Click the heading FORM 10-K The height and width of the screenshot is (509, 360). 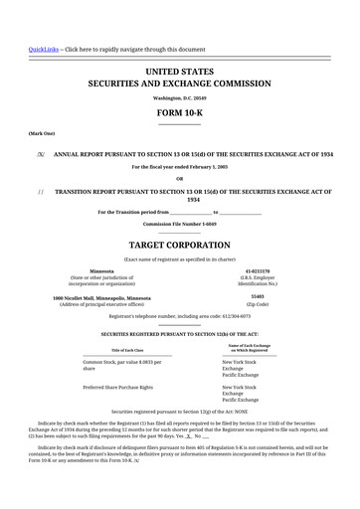pos(179,113)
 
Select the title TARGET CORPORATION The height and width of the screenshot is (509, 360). pos(179,244)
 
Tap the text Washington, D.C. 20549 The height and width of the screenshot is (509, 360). pos(179,98)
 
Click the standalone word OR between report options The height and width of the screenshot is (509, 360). pos(179,178)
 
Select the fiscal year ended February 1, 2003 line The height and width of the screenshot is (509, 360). pos(179,167)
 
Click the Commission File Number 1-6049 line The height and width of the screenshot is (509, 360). pos(179,224)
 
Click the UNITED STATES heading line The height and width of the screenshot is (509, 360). pos(179,73)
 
